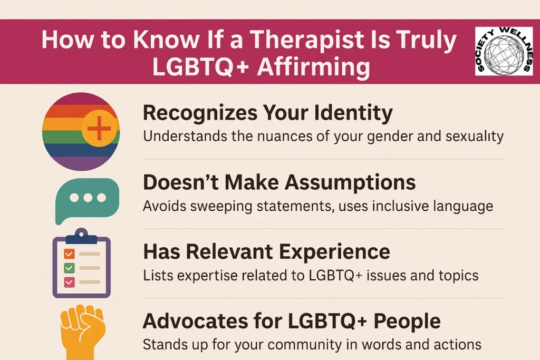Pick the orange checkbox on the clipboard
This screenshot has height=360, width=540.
pyautogui.click(x=68, y=254)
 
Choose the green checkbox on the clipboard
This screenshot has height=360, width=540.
pyautogui.click(x=68, y=268)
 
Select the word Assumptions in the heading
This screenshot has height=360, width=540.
pyautogui.click(x=350, y=182)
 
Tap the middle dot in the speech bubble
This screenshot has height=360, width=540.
pyautogui.click(x=88, y=197)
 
